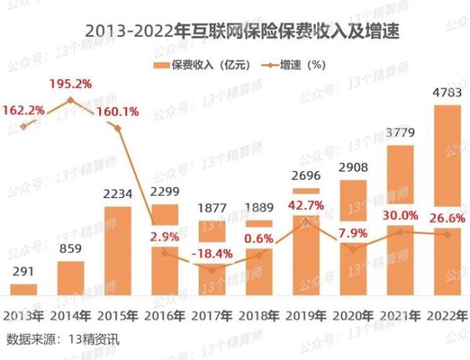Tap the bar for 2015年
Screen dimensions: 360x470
(118, 250)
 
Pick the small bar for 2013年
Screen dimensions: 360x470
(23, 290)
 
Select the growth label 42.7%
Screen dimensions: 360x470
(306, 205)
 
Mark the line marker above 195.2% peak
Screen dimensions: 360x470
(70, 100)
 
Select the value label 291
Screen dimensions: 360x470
(23, 271)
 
